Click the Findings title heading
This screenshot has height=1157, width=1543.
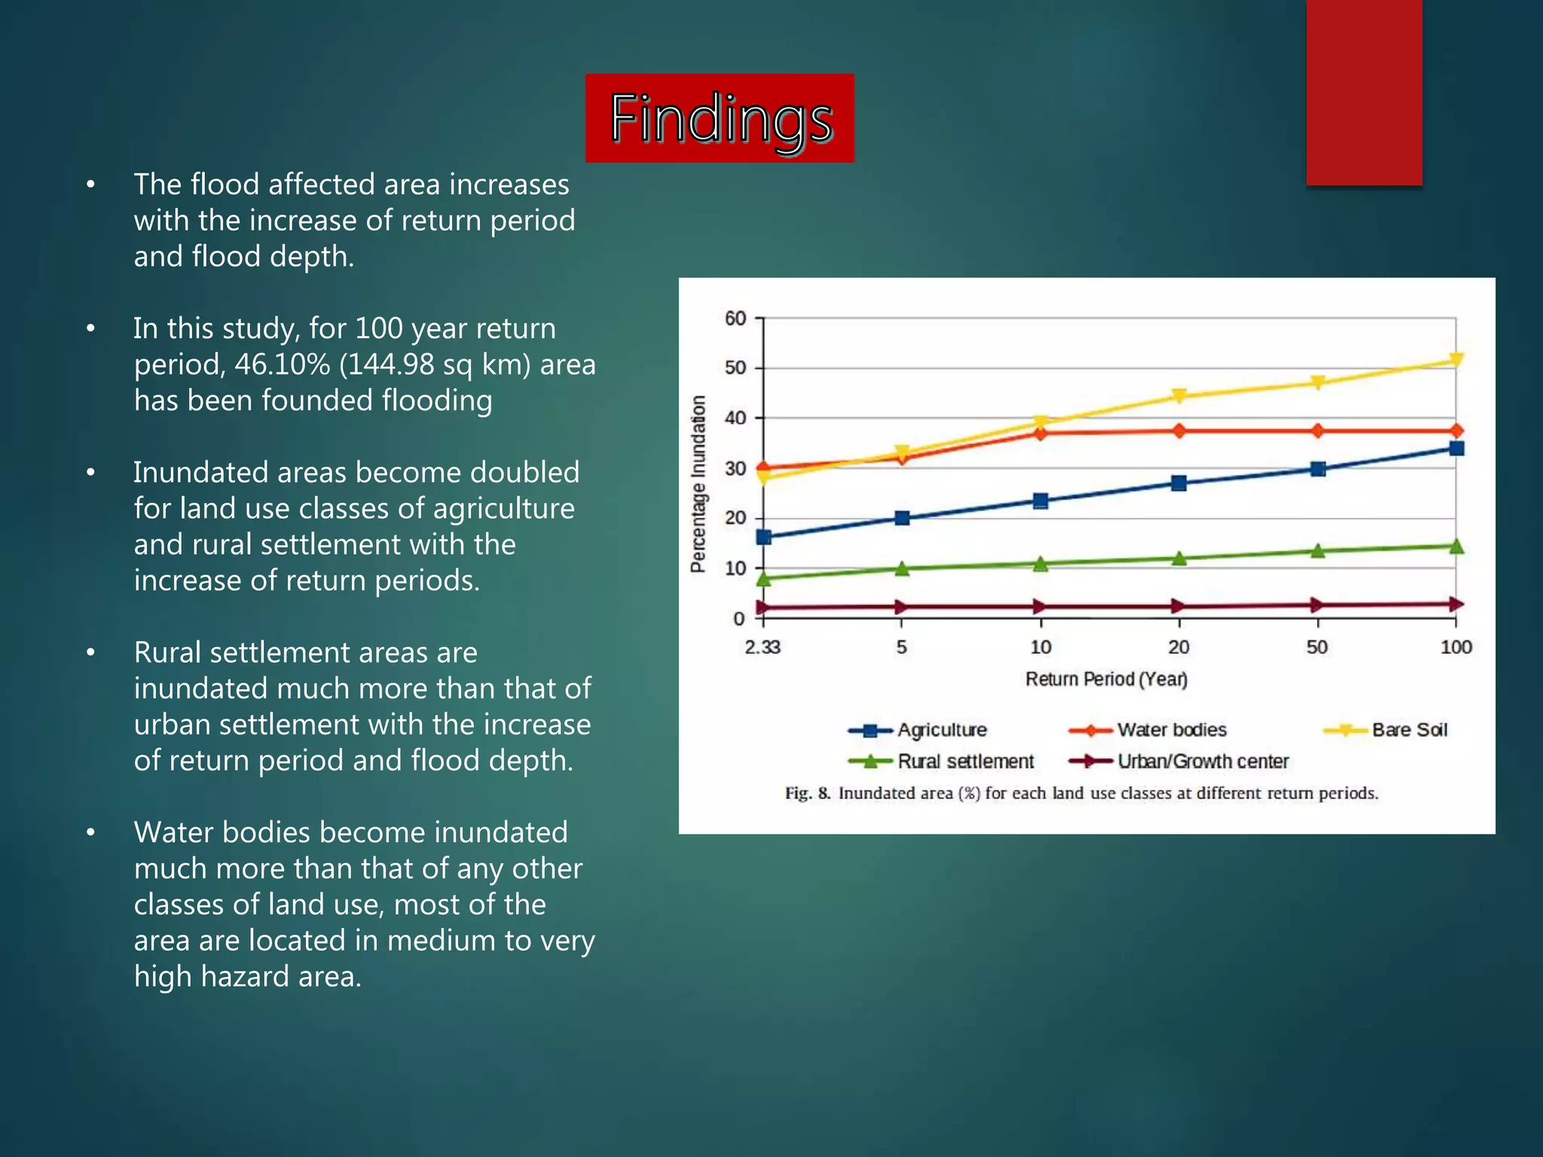coord(720,118)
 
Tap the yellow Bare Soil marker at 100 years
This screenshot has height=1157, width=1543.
coord(1456,360)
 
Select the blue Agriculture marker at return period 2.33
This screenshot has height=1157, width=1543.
coord(763,537)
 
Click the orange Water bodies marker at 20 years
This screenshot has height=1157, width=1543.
coord(1179,431)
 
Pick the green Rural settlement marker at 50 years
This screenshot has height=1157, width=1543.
coord(1318,551)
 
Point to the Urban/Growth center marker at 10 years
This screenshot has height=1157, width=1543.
coord(1040,606)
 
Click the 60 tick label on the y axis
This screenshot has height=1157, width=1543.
coord(735,319)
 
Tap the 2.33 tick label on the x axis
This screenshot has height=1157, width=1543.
coord(762,647)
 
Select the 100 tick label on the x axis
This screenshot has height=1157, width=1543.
coord(1456,647)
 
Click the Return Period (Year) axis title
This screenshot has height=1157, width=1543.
coord(1106,679)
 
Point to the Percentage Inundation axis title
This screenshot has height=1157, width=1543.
coord(698,484)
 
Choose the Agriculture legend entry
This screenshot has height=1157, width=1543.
coord(941,730)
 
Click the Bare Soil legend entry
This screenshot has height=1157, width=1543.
coord(1409,730)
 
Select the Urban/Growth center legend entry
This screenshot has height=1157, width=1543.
coord(1202,762)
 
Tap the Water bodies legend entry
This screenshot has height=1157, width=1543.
coord(1171,730)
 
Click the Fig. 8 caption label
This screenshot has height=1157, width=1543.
coord(807,793)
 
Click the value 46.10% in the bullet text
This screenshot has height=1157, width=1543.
coord(282,365)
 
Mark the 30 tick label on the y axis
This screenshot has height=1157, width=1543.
coord(735,469)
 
